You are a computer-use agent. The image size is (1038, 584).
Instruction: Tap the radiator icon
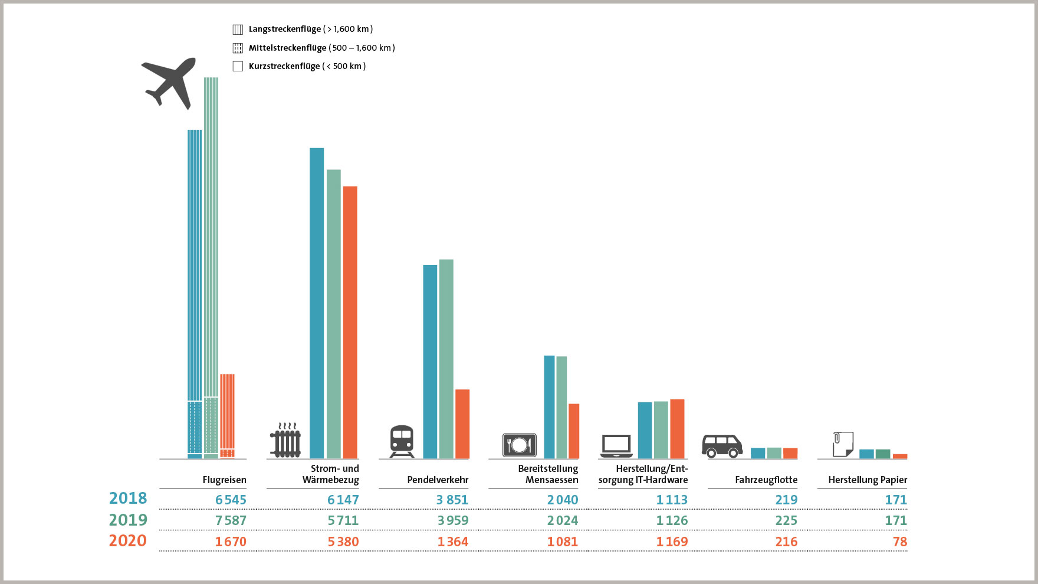(x=285, y=441)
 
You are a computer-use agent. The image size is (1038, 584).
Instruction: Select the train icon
(x=402, y=441)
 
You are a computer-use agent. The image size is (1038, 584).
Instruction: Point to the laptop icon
(x=616, y=446)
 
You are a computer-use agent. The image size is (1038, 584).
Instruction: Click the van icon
(x=722, y=446)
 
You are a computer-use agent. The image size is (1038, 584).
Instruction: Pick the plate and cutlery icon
(x=519, y=445)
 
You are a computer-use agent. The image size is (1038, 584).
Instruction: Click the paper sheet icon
(x=843, y=444)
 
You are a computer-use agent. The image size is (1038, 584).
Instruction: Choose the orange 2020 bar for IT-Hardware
(x=677, y=429)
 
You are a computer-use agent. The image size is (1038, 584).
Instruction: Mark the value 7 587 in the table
(x=231, y=520)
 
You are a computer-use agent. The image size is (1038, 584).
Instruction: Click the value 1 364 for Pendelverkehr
(x=453, y=542)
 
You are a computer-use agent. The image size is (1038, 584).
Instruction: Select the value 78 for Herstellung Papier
(x=899, y=542)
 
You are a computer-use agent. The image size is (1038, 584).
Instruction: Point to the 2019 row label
(x=128, y=520)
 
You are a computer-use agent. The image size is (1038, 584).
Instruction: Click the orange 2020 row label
(x=128, y=541)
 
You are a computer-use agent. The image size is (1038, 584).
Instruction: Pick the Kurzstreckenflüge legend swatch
(x=238, y=66)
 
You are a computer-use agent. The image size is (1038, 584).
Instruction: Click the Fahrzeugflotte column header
(x=766, y=480)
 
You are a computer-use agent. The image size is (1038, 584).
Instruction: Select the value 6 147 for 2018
(x=343, y=500)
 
